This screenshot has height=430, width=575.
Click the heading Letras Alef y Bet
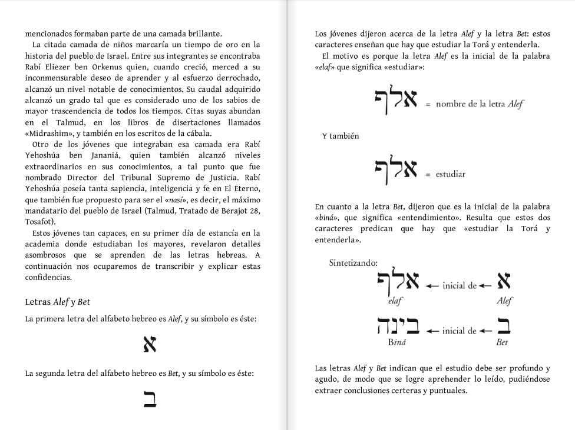click(x=57, y=302)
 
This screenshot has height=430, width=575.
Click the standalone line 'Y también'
click(x=341, y=136)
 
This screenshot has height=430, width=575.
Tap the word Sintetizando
click(x=353, y=263)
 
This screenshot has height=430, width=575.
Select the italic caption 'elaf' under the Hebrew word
click(x=395, y=300)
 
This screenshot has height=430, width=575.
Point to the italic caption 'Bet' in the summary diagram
click(x=502, y=342)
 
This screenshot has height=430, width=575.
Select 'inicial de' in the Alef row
click(x=459, y=286)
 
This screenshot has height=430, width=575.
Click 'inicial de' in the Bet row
click(x=459, y=331)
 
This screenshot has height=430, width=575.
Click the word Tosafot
click(x=40, y=222)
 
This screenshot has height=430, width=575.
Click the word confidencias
click(x=48, y=278)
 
